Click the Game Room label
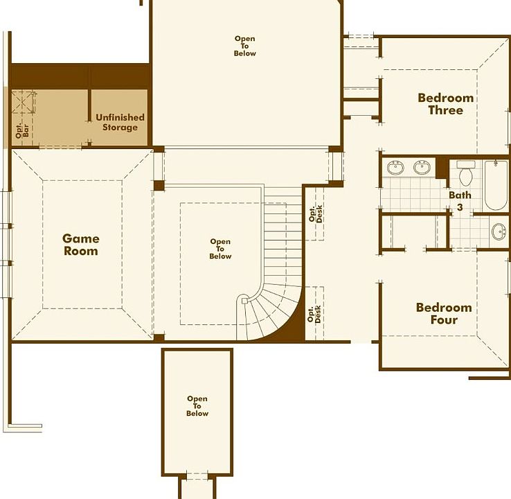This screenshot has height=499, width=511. click(x=81, y=245)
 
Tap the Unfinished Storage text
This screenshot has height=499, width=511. click(x=120, y=122)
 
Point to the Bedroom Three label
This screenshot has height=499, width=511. click(x=445, y=104)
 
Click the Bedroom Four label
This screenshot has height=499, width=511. click(x=444, y=313)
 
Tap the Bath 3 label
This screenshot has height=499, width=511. click(x=460, y=200)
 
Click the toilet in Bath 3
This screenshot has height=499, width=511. click(x=465, y=170)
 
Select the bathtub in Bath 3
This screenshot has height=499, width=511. click(x=496, y=185)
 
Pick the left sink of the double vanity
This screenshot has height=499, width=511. click(x=396, y=168)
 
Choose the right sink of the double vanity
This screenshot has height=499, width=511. click(x=422, y=168)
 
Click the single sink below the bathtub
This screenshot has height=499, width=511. click(x=498, y=231)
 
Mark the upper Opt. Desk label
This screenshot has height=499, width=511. click(x=316, y=214)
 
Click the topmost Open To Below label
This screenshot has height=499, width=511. click(x=244, y=46)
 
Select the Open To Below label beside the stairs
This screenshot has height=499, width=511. click(x=220, y=249)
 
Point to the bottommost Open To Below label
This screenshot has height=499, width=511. click(x=197, y=406)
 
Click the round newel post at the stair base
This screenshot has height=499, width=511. click(x=243, y=301)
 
